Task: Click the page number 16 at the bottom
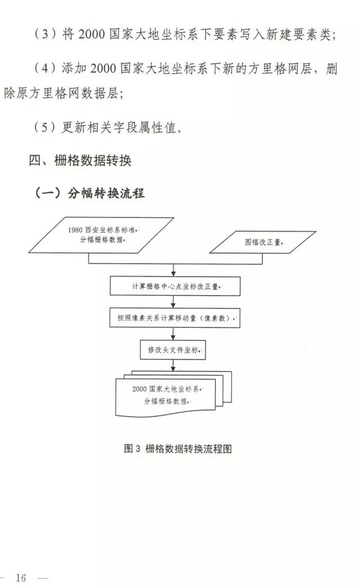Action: [x=21, y=577]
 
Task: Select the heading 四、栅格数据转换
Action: [x=80, y=161]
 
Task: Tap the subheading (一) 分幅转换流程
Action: [x=89, y=193]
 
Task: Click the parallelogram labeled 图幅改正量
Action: [x=263, y=242]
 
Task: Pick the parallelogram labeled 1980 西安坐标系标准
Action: [x=101, y=235]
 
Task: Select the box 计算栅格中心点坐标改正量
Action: [x=175, y=286]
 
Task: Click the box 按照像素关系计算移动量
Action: [x=175, y=318]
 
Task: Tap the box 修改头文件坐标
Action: [x=173, y=350]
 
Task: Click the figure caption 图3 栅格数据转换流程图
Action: [x=178, y=449]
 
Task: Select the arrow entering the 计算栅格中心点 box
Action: [x=173, y=270]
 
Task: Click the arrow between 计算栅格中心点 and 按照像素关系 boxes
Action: [x=173, y=302]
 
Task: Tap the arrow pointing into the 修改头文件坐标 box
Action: [x=173, y=334]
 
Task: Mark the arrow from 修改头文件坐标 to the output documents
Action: [x=173, y=366]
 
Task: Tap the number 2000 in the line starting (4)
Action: [x=103, y=69]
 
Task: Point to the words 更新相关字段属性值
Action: [x=119, y=128]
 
